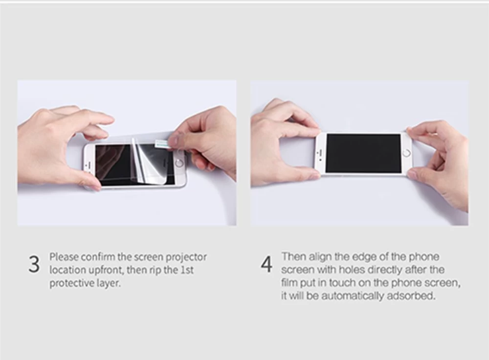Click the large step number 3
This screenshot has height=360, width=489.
34,265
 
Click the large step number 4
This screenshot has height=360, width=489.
267,265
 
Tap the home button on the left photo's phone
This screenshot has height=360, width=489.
179,163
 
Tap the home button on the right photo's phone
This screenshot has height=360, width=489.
407,153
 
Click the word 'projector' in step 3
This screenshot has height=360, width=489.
186,258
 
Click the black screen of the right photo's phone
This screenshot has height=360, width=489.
363,154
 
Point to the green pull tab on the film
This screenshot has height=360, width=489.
162,143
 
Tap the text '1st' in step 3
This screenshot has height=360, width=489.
187,270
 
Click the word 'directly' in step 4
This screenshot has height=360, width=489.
384,270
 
